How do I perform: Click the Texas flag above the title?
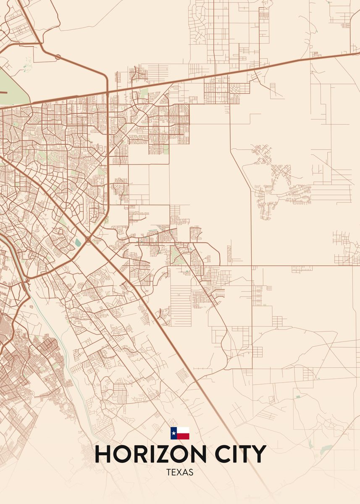(180, 433)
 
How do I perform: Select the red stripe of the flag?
(183, 436)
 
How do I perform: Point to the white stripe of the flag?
(183, 430)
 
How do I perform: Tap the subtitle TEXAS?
(180, 472)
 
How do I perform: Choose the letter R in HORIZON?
(144, 454)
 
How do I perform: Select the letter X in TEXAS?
(180, 472)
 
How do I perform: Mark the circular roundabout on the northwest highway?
(58, 56)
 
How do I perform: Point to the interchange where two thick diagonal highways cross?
(88, 240)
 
